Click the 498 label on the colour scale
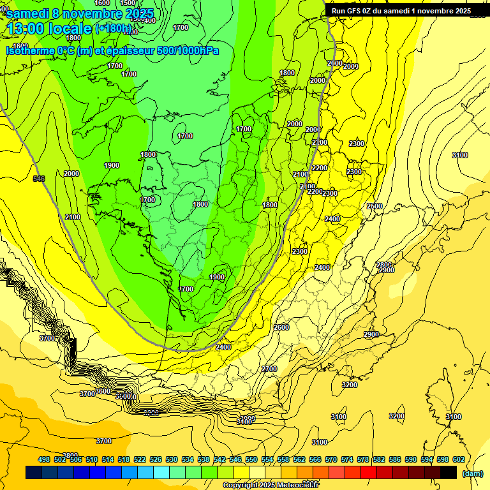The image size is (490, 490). point(44,459)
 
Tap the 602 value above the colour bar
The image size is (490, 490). point(458,459)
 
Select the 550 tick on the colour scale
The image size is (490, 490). point(251,459)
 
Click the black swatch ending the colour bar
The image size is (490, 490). point(449,472)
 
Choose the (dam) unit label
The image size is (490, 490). point(472,473)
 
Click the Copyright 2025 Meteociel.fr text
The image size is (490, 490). point(271,486)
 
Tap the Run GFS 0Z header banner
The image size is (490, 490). point(401,11)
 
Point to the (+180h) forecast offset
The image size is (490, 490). point(114,29)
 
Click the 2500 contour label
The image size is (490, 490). point(375,206)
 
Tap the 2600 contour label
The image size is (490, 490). point(281,327)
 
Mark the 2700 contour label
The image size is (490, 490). point(269,369)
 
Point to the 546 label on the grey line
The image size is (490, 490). point(39,179)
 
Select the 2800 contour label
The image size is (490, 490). point(383,264)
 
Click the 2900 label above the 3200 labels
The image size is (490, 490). point(371,335)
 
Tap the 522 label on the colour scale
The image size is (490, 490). point(140,459)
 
